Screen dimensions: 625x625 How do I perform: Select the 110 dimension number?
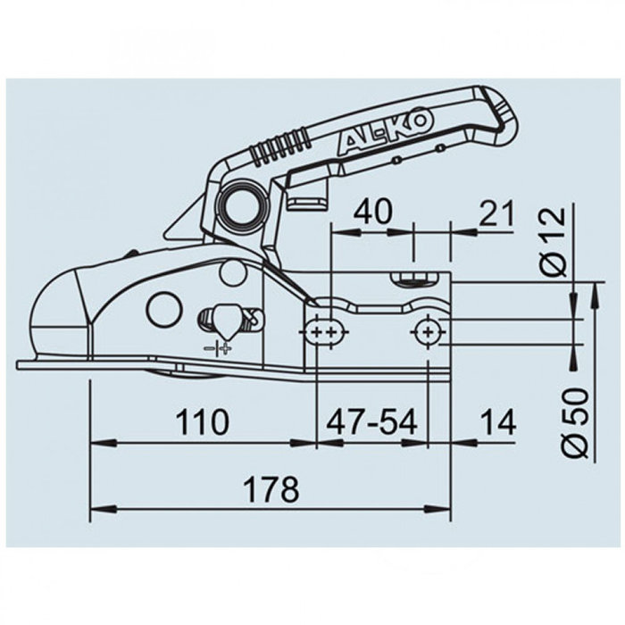pos(204,421)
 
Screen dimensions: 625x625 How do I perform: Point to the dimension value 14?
pos(496,422)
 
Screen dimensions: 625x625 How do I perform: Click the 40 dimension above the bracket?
pos(373,212)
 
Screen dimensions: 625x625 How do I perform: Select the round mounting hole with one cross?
pos(429,332)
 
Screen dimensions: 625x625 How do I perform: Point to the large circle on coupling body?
pos(164,310)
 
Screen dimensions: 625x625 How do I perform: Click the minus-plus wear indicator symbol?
pos(217,348)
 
